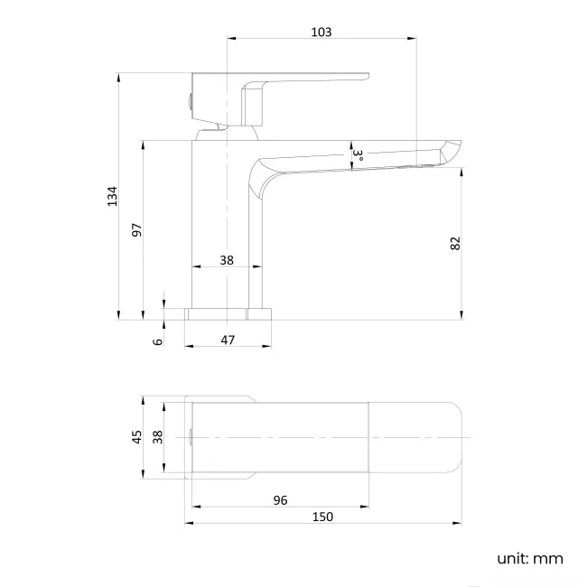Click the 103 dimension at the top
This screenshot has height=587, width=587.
321,32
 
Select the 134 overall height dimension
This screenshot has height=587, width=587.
112,196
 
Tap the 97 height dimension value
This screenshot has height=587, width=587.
137,229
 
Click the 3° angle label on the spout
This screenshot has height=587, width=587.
358,155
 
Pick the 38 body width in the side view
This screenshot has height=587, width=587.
227,260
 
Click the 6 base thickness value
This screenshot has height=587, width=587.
158,340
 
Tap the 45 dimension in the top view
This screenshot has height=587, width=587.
137,437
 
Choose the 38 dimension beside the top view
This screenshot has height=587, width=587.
158,437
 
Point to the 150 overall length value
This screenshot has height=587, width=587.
322,517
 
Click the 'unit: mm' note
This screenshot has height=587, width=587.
529,558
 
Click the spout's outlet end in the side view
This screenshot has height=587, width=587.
452,154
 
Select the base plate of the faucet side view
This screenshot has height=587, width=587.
228,313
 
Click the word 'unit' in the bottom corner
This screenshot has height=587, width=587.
512,558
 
